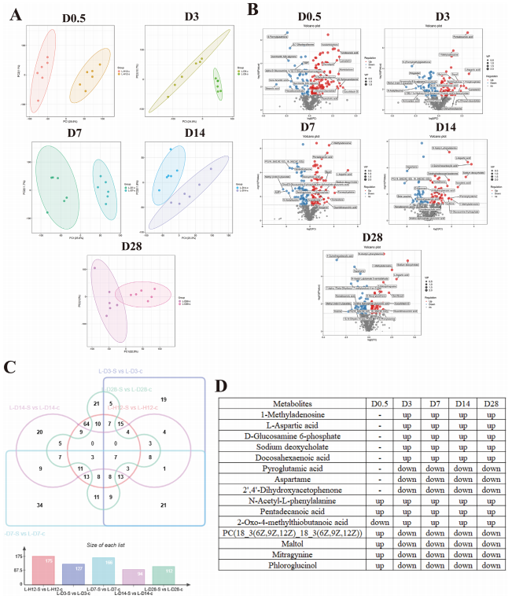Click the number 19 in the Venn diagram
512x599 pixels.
(163, 400)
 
